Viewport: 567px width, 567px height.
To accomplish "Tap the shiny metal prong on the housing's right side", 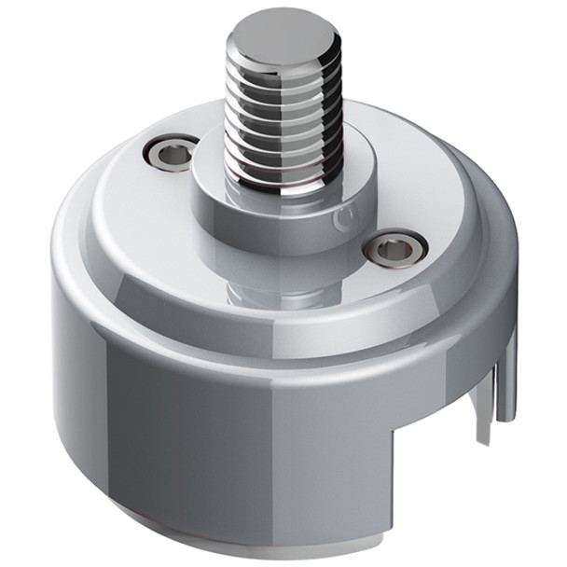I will [507, 382].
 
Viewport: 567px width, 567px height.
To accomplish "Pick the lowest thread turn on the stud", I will [280, 177].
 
